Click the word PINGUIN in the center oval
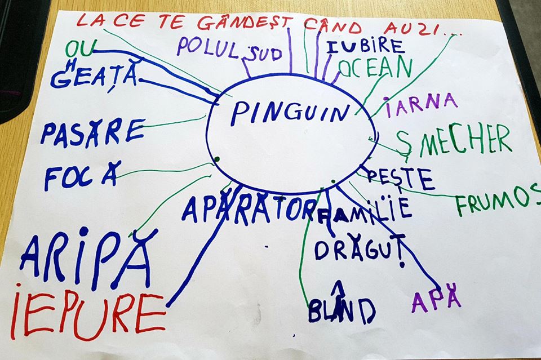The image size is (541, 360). click(290, 113)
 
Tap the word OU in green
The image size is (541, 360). click(81, 49)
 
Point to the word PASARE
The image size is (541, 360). click(92, 133)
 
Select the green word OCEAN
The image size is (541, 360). click(375, 69)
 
